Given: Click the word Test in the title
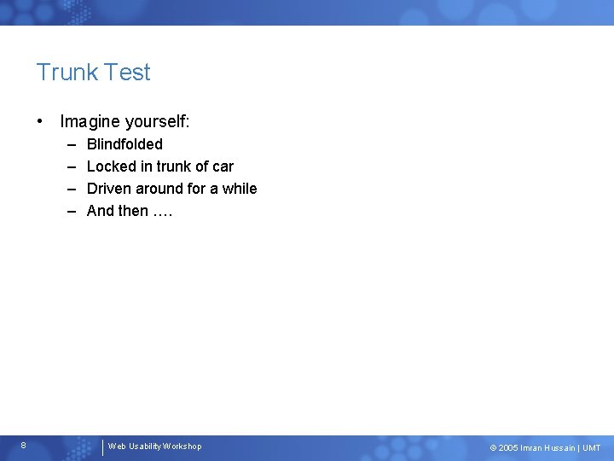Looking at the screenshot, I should pyautogui.click(x=128, y=73).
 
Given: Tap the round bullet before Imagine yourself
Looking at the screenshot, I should pyautogui.click(x=41, y=122).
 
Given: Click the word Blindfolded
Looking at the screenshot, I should pyautogui.click(x=125, y=144).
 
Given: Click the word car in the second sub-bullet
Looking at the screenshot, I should pyautogui.click(x=223, y=166).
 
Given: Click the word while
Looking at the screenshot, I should pyautogui.click(x=240, y=189).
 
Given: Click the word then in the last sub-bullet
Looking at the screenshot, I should pyautogui.click(x=133, y=211).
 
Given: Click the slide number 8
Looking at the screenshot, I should pyautogui.click(x=24, y=446).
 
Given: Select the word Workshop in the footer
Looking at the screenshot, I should pyautogui.click(x=182, y=446).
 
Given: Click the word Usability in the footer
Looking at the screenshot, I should pyautogui.click(x=144, y=446).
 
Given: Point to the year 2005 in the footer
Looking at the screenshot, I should pyautogui.click(x=508, y=448).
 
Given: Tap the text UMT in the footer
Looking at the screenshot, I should pyautogui.click(x=591, y=448).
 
